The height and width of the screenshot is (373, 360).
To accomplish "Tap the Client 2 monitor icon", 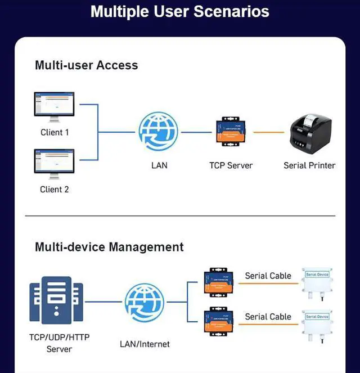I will click(x=54, y=164).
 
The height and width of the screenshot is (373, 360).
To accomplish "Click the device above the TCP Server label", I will click(x=231, y=132).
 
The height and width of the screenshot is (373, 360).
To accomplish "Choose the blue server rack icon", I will click(x=56, y=300).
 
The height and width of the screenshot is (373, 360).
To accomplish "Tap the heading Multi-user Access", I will click(x=86, y=65).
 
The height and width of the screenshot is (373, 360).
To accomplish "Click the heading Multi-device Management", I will click(x=109, y=247).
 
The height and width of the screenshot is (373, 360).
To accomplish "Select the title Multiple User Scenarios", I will click(x=180, y=12).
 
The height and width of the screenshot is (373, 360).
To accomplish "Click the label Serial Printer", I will click(x=309, y=165).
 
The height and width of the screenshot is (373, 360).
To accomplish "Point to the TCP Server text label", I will click(x=231, y=165).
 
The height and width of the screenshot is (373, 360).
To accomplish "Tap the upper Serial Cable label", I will click(x=268, y=276).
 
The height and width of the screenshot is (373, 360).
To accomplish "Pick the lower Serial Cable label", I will click(x=268, y=317).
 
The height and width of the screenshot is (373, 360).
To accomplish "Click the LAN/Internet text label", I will click(x=145, y=344).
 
